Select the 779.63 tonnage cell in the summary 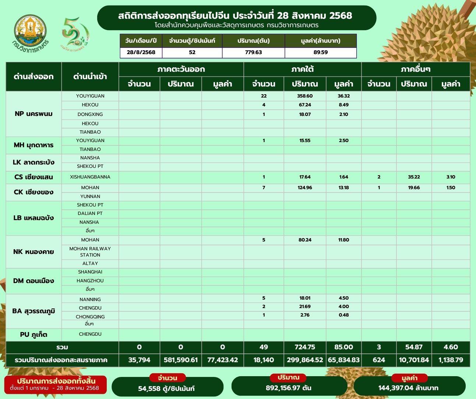coord(253,52)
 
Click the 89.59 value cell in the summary coord(320,52)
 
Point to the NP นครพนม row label coord(34,114)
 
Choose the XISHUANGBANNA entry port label coord(90,177)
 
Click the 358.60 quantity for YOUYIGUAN coord(304,96)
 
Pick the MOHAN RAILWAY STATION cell coord(90,252)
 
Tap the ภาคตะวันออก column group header coord(181,69)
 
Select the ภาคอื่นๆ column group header coord(415,69)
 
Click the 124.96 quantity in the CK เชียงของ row coord(304,188)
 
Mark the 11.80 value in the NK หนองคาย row coord(343,240)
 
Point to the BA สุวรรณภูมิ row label coord(34,311)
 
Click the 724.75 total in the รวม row coord(304,347)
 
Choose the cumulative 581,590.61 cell coord(181,360)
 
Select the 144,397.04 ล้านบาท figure coord(408,388)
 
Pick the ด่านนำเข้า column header coord(90,77)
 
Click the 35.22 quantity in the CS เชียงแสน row coord(414,177)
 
